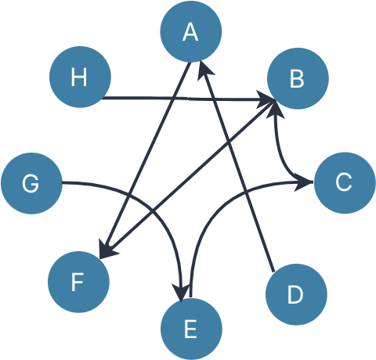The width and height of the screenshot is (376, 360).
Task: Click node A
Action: coord(191,31)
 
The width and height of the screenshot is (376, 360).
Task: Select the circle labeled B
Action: coord(298,78)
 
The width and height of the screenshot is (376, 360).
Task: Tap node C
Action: coord(345,182)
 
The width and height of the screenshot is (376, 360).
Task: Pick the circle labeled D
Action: coord(296,294)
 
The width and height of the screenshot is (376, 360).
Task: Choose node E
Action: coord(191,329)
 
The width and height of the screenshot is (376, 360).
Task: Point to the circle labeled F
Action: coord(78,282)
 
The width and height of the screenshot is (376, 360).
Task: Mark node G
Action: coord(31,183)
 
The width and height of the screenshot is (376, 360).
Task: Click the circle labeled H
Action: coord(80,77)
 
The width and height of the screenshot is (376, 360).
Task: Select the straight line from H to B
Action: coord(187,99)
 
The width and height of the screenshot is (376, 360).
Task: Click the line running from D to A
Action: coord(237,166)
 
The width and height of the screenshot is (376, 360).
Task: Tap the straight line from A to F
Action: coord(144,161)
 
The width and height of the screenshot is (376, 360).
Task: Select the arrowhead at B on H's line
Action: coord(265,99)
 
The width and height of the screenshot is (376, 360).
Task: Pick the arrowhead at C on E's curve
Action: coord(303,182)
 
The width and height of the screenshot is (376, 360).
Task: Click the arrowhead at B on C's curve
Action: coord(275,110)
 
